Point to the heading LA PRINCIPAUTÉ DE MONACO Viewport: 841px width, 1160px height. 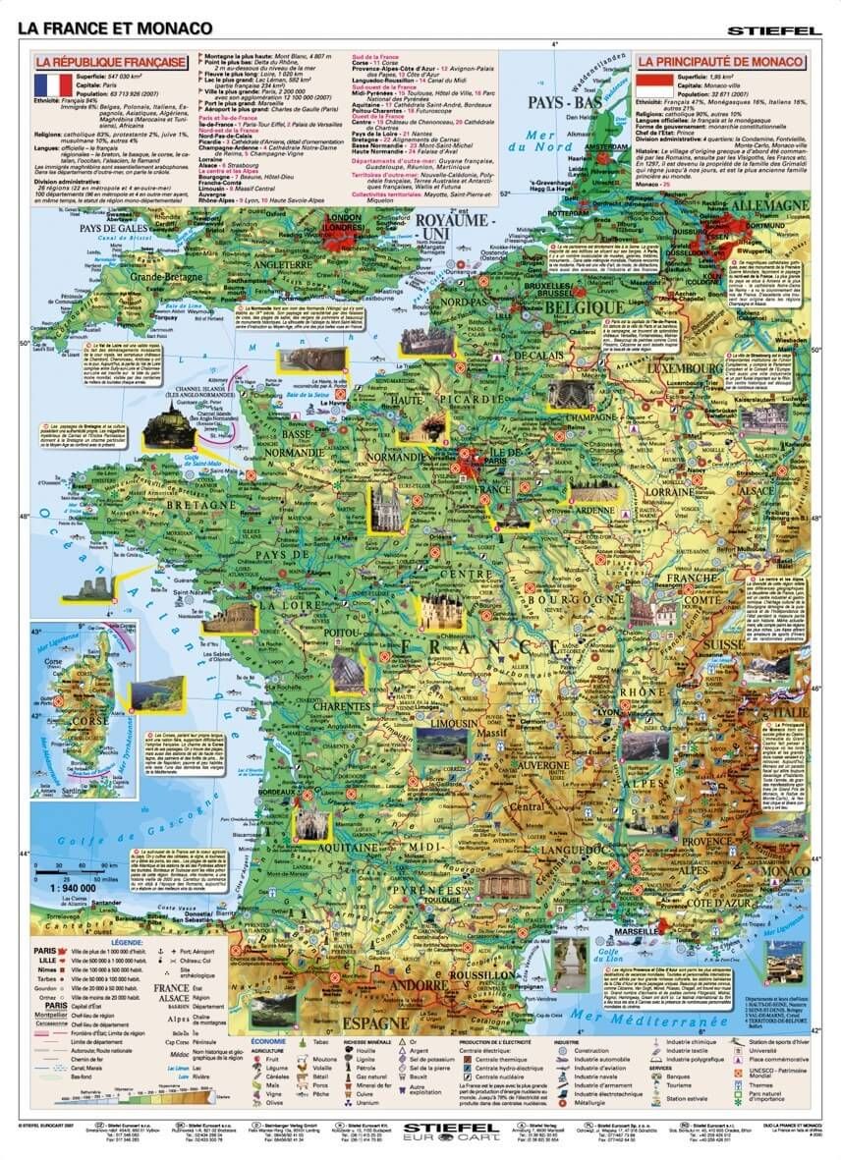(721, 62)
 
